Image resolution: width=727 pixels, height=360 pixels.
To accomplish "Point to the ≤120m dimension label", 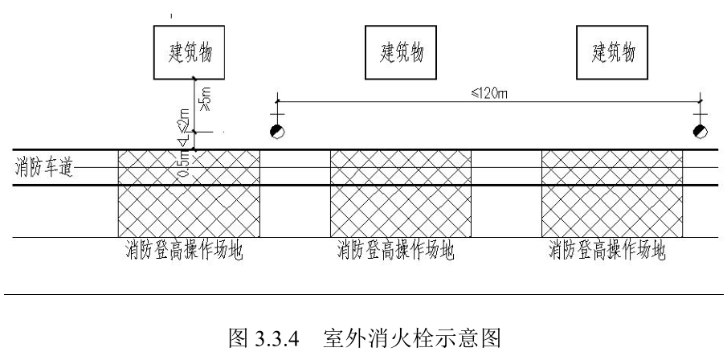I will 490,92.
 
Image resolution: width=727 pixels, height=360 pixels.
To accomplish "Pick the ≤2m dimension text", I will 184,122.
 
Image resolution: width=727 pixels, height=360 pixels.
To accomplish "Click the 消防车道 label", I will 42,168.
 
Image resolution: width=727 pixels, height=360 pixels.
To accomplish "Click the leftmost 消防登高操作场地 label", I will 185,252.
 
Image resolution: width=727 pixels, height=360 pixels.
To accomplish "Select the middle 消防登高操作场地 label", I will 395,252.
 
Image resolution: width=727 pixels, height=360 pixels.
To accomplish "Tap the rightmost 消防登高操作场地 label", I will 607,252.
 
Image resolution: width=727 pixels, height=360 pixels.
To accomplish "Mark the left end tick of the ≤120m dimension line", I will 277,101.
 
